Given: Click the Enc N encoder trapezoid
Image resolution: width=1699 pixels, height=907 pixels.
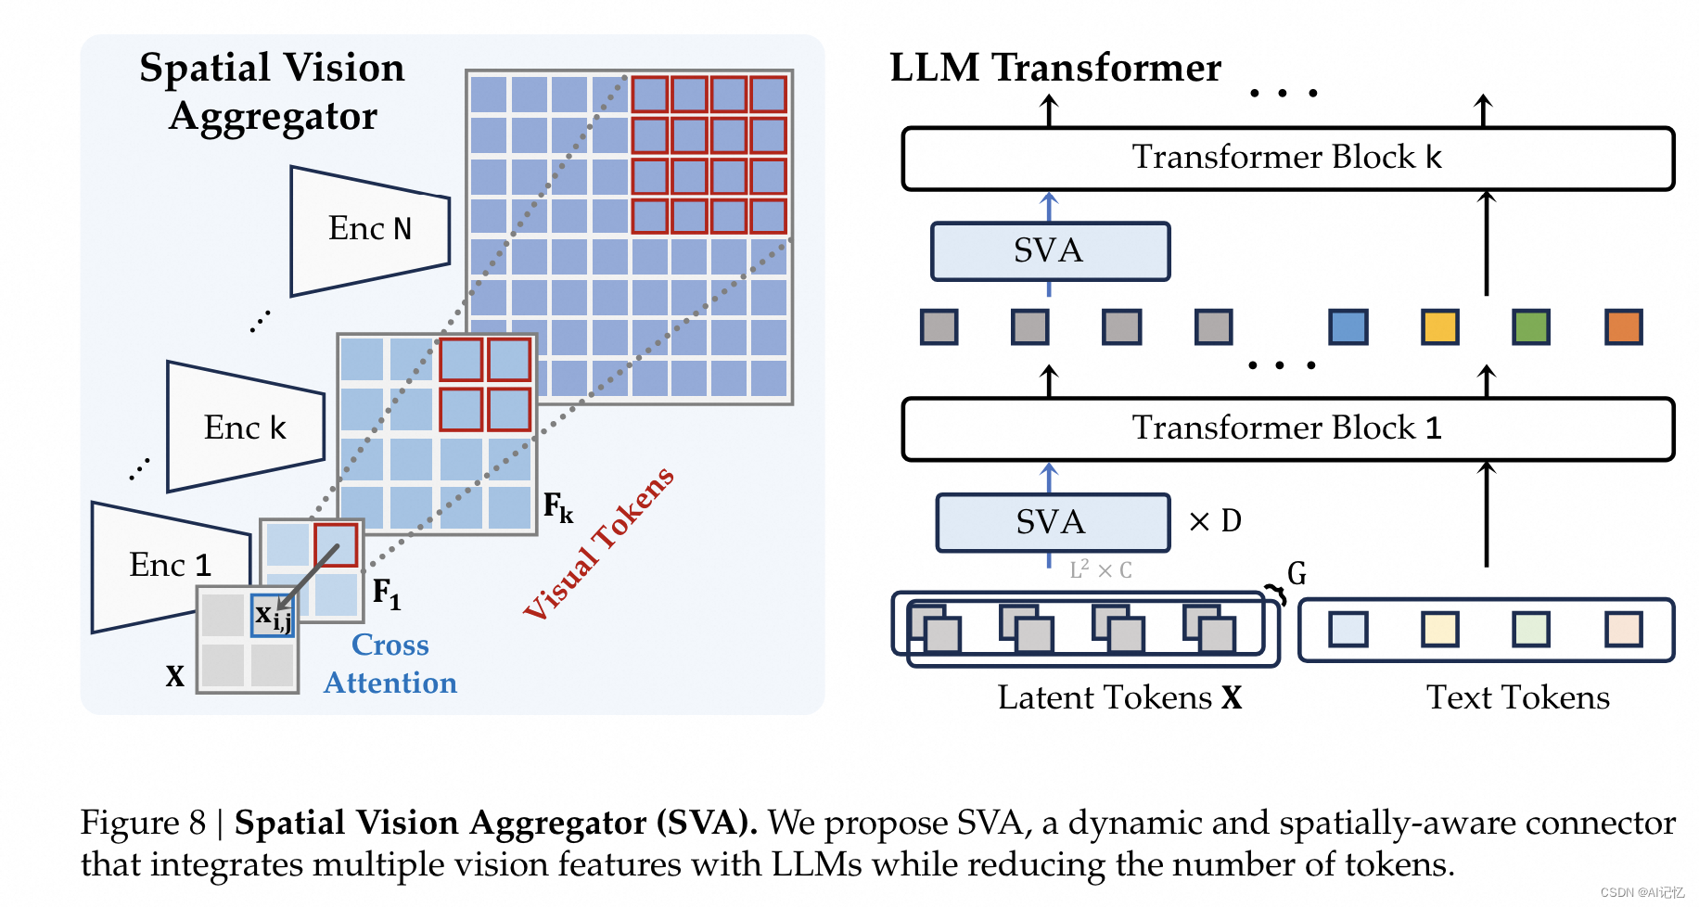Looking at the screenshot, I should [x=369, y=230].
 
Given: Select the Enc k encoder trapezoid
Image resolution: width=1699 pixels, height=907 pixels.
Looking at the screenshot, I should [x=245, y=428].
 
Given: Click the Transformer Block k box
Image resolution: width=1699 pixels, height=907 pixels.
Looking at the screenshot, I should [x=1287, y=159].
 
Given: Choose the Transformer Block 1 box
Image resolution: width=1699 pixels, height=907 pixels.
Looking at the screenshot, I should [x=1287, y=428].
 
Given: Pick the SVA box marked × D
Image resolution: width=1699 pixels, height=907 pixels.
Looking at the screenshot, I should [x=1052, y=522].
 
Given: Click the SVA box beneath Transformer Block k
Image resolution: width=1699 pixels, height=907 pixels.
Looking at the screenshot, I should [x=1050, y=251].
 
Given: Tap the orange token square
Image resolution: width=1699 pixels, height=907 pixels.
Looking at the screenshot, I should [x=1623, y=327].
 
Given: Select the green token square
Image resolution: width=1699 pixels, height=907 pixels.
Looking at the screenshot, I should [x=1531, y=327].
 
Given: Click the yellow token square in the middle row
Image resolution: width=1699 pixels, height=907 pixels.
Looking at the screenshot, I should [x=1439, y=327].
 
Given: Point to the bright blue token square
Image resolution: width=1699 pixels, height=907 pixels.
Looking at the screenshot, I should [x=1348, y=327].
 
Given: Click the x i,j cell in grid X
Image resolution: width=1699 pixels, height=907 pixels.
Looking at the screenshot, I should [x=272, y=615].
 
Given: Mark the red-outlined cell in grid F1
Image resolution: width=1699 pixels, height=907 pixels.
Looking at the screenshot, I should [x=336, y=545].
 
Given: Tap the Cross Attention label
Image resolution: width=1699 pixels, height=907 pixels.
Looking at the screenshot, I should [x=390, y=664].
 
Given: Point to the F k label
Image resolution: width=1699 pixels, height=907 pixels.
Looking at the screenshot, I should [x=558, y=507].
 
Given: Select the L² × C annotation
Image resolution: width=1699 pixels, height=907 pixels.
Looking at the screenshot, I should [x=1101, y=569].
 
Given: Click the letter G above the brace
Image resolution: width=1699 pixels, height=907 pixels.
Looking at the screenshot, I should [x=1297, y=574].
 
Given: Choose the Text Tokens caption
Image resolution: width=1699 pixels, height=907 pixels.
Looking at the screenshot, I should [x=1517, y=697].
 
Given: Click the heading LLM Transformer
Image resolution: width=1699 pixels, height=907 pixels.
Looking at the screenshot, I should [x=1055, y=68].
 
